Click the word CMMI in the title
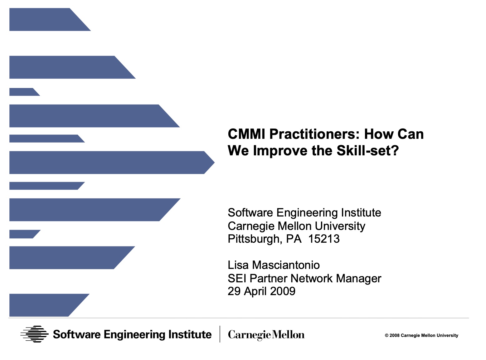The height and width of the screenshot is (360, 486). click(x=246, y=134)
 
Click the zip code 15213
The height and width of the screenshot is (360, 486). click(x=324, y=239)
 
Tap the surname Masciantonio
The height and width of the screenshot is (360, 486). click(x=286, y=265)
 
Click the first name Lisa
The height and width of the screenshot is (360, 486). click(x=238, y=265)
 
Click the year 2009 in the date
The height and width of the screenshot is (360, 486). click(x=283, y=291)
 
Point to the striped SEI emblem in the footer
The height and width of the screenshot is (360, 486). click(x=34, y=334)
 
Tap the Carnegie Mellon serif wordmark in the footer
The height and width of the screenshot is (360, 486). click(x=266, y=335)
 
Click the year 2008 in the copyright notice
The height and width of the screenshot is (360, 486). click(x=394, y=335)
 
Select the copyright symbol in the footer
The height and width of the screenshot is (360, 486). click(x=386, y=335)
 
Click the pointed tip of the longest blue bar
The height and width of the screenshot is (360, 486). click(x=215, y=162)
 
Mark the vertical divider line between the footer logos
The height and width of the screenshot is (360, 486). click(x=220, y=334)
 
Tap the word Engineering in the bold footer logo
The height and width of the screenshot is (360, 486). click(x=134, y=335)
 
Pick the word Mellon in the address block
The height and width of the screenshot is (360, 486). click(x=294, y=226)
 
